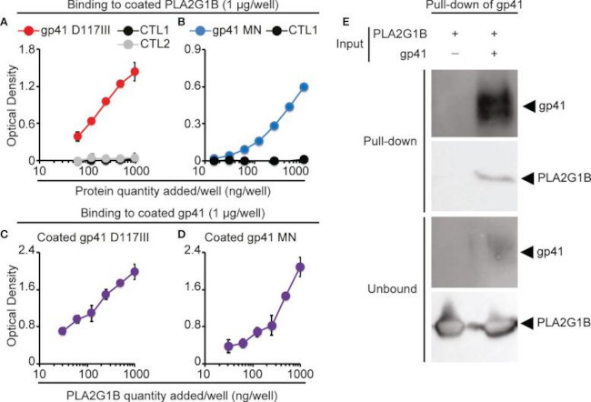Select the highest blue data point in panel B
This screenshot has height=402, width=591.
click(304, 87)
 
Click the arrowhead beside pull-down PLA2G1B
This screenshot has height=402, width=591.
click(528, 180)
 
